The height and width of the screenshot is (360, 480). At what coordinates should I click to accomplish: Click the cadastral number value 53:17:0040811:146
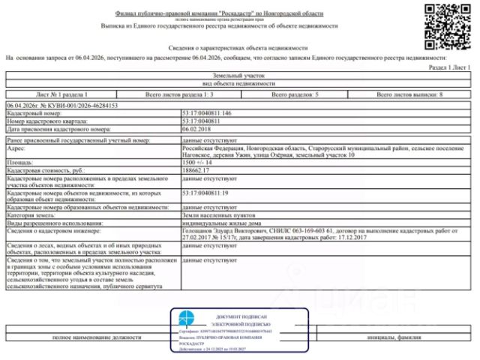pos(206,113)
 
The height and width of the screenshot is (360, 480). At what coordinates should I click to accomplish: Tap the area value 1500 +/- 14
pos(199,162)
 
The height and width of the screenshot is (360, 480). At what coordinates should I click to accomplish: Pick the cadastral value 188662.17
pos(196,170)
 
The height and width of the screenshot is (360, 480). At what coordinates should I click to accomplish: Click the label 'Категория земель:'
pos(33,215)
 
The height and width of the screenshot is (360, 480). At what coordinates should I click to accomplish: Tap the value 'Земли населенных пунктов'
pos(217,215)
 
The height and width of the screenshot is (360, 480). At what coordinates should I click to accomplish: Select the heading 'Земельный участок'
pos(239,76)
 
